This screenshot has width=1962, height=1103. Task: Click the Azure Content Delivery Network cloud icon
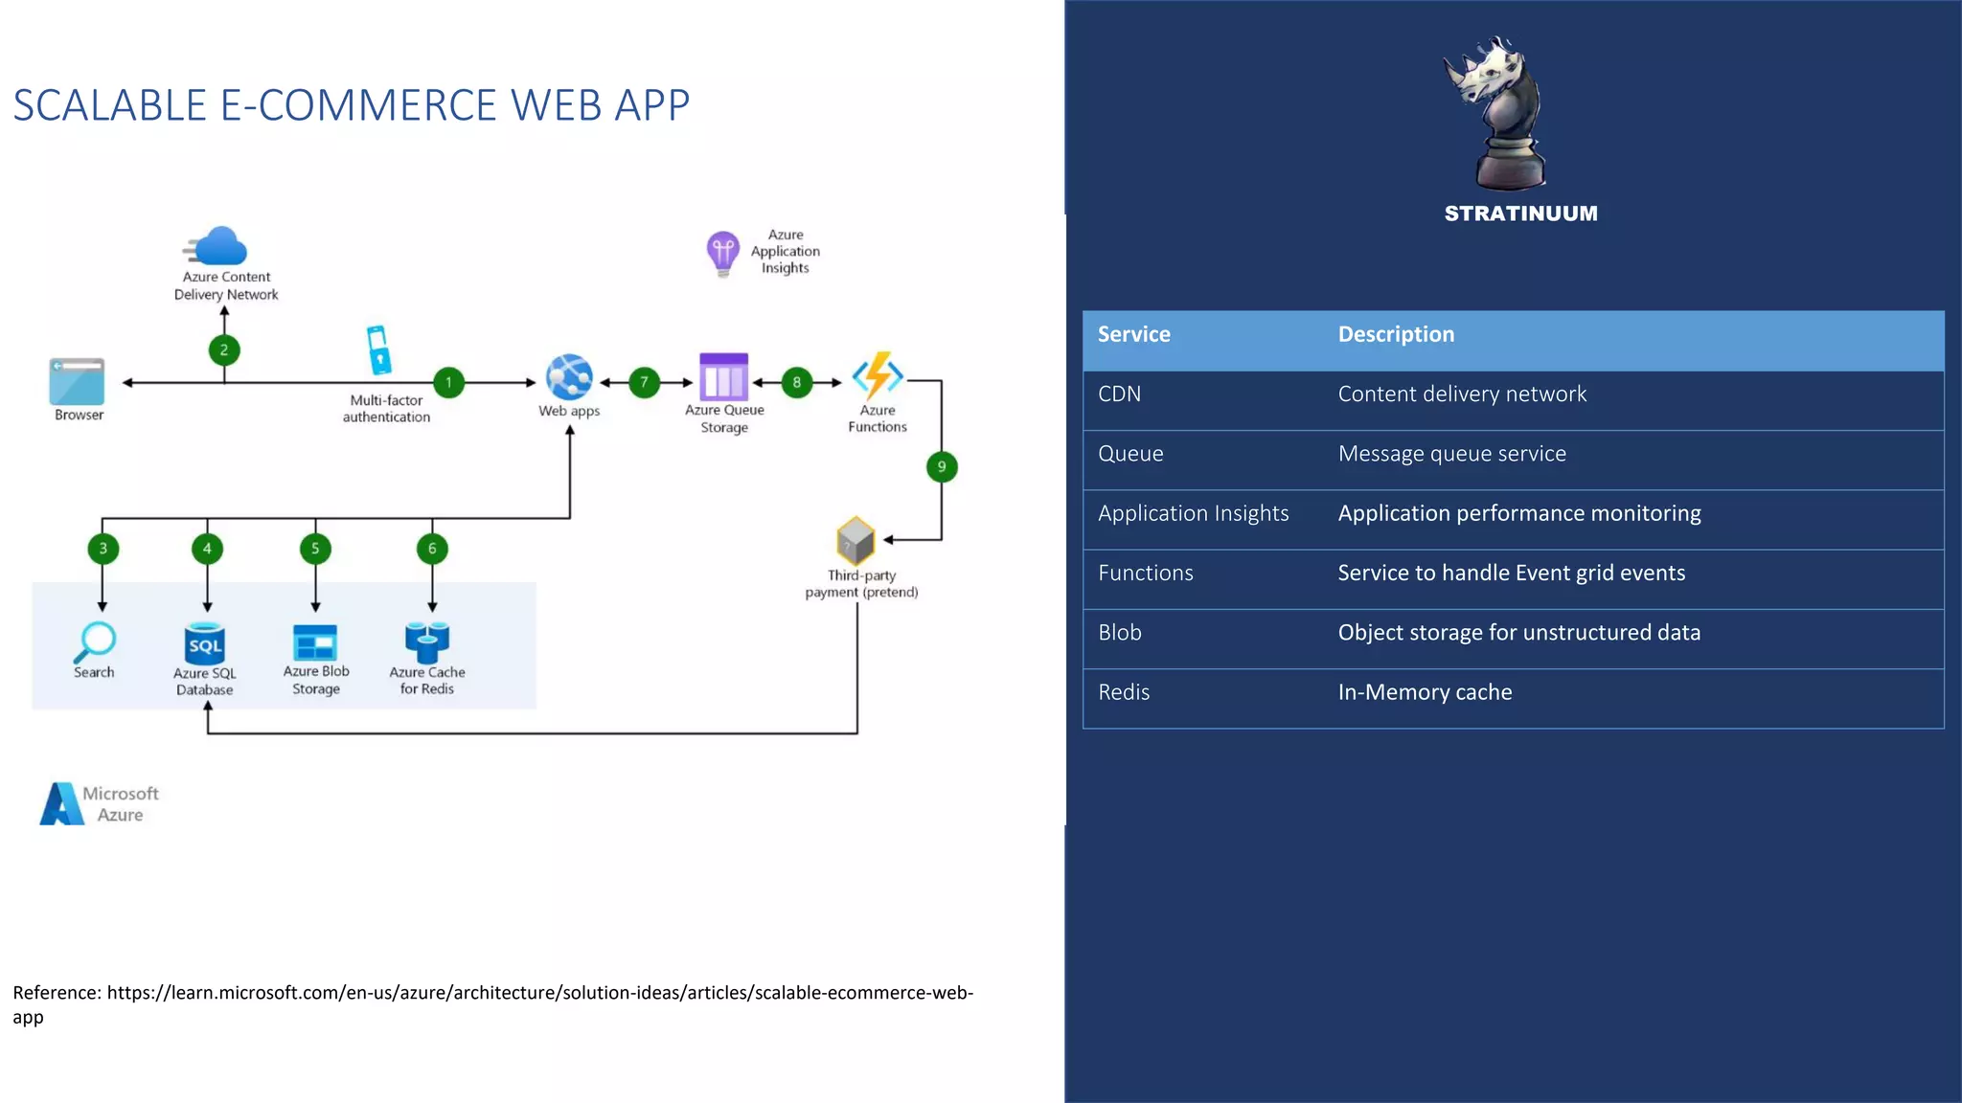pos(219,246)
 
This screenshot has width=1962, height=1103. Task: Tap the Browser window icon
pos(78,381)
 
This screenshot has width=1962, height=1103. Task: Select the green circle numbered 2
pos(224,350)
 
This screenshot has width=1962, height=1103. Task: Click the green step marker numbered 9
pos(942,467)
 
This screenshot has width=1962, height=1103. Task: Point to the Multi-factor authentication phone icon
pos(378,350)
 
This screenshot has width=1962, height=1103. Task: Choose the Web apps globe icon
pos(569,377)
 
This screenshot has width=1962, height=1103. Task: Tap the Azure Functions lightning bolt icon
pos(878,375)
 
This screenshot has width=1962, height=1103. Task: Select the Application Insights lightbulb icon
pos(723,253)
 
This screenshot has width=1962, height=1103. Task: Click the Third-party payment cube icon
pos(856,541)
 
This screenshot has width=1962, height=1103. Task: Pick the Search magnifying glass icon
pos(95,642)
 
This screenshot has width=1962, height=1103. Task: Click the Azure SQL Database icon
pos(205,644)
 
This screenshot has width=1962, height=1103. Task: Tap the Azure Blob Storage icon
pos(315,642)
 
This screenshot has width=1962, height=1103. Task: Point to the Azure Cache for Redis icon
pos(427,642)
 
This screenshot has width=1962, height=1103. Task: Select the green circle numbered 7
pos(645,383)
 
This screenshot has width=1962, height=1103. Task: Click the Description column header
pos(1396,334)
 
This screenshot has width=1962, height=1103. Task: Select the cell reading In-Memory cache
pos(1425,692)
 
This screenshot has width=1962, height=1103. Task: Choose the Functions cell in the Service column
pos(1146,573)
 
